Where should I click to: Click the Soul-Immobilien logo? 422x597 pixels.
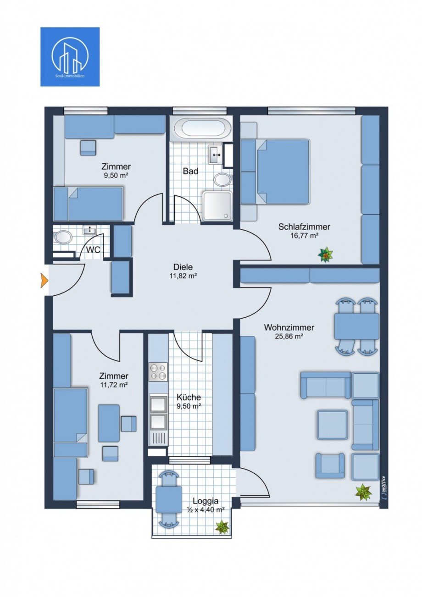click(70, 56)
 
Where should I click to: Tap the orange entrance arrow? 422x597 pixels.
click(44, 280)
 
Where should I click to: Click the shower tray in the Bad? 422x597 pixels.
click(218, 205)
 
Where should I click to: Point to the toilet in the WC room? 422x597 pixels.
click(62, 238)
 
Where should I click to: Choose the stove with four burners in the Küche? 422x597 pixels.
click(158, 372)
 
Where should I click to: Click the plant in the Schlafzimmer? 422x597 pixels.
click(326, 254)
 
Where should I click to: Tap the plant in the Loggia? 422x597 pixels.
click(222, 527)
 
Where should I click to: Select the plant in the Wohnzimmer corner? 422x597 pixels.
click(363, 492)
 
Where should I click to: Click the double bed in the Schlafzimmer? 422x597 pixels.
click(282, 171)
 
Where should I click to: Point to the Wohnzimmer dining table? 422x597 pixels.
click(357, 326)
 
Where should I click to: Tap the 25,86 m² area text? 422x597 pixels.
click(289, 336)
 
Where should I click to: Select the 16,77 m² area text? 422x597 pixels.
click(304, 235)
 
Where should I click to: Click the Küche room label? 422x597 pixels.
click(188, 398)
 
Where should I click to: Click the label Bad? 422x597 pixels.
click(190, 171)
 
